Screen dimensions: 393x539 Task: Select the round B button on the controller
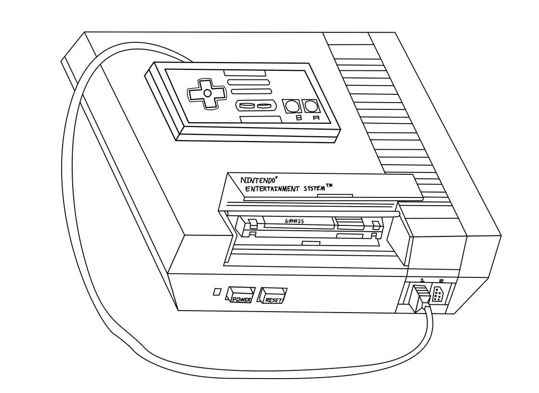point(290,106)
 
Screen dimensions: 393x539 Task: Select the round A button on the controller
point(310,106)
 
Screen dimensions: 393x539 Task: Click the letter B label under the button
point(299,118)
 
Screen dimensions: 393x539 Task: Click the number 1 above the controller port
point(422,280)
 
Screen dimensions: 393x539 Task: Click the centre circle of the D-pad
point(206,92)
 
